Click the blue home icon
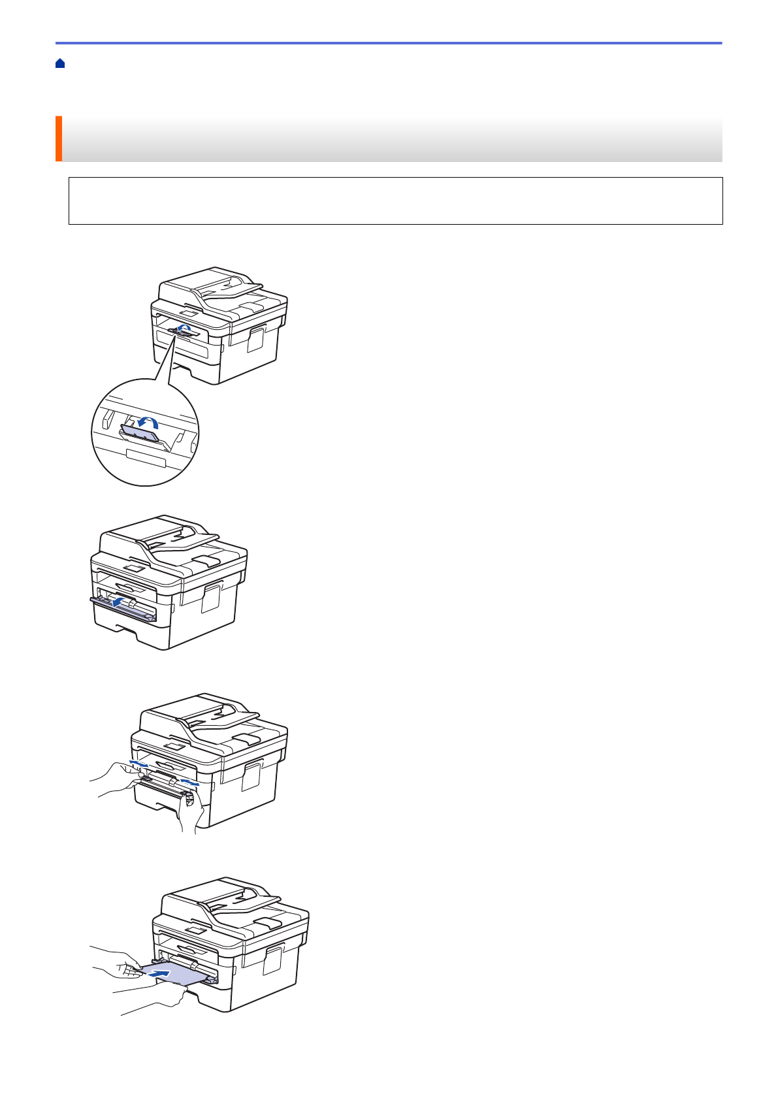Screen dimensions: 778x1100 coord(60,63)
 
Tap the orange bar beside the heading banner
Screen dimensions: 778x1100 coord(59,138)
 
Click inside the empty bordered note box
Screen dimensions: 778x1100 coord(395,201)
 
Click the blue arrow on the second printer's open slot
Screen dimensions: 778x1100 coord(119,600)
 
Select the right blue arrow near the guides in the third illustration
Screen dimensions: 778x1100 coord(190,781)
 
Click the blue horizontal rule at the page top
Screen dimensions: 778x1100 coord(389,43)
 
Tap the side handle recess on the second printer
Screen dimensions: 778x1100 coord(210,598)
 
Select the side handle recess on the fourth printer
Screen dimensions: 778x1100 coord(272,961)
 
